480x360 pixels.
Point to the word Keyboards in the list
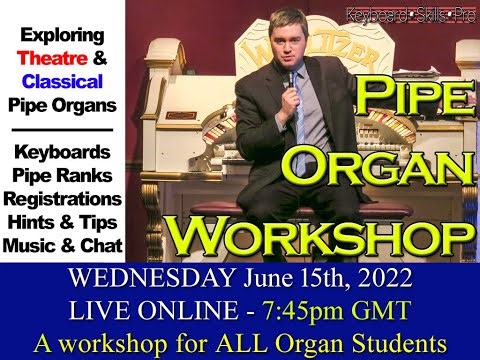(x=62, y=152)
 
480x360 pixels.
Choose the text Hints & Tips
(x=62, y=221)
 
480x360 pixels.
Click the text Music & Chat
(x=62, y=244)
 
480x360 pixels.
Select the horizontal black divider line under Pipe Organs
(x=62, y=128)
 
